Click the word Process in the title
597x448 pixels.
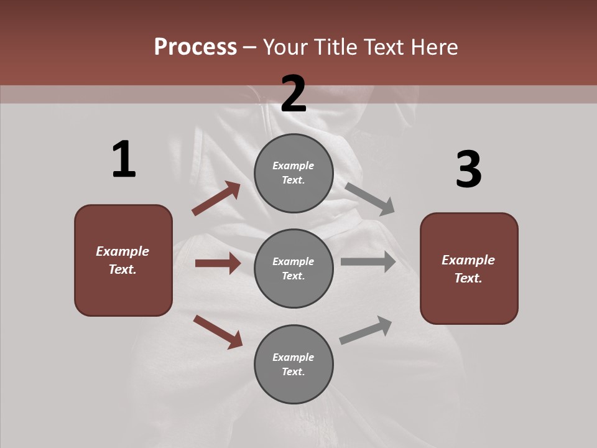coord(195,47)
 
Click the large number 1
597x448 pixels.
coord(124,159)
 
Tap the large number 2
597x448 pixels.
coord(294,94)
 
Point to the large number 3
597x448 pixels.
coord(468,169)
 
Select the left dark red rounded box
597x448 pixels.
coord(123,260)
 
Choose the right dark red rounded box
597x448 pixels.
coord(469,268)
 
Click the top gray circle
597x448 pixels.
coord(294,173)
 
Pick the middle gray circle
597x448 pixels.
coord(294,268)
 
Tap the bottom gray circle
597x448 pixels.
coord(294,364)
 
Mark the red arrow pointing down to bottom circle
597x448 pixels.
coord(218,331)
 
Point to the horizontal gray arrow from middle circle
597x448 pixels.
coord(368,262)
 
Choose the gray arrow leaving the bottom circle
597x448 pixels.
coord(366,330)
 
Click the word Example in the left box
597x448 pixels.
coord(123,251)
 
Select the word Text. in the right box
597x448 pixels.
coord(468,278)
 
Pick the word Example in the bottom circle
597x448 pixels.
coord(294,357)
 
